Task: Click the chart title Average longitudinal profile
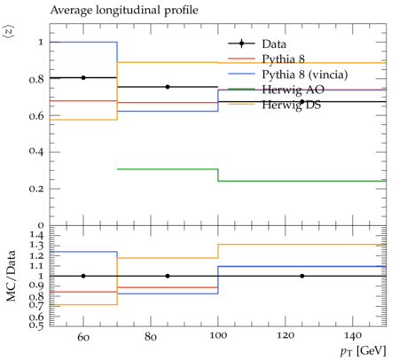[124, 11]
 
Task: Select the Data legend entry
[257, 43]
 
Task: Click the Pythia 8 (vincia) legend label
[305, 74]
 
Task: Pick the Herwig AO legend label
[293, 90]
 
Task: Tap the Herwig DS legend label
[292, 105]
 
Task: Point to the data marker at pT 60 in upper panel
[83, 78]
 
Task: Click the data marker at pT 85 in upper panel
[168, 87]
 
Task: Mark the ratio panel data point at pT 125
[302, 276]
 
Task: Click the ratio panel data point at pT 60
[83, 276]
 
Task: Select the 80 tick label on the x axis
[151, 337]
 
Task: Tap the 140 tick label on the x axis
[353, 336]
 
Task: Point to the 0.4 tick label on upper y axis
[36, 151]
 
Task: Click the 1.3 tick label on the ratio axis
[36, 245]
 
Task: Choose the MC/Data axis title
[11, 276]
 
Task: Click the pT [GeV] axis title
[364, 351]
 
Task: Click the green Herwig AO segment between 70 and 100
[168, 169]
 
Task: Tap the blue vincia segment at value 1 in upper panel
[83, 42]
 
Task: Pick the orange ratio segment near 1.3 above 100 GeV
[302, 245]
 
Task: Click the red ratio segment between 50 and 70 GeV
[83, 292]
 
